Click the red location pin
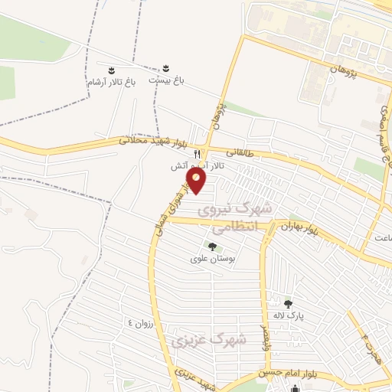point(198,181)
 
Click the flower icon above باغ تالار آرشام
point(111,70)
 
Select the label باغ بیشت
point(167,80)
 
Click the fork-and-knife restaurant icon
point(198,154)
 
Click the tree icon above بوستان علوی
point(212,247)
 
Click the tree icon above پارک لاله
point(288,303)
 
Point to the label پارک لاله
point(290,315)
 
